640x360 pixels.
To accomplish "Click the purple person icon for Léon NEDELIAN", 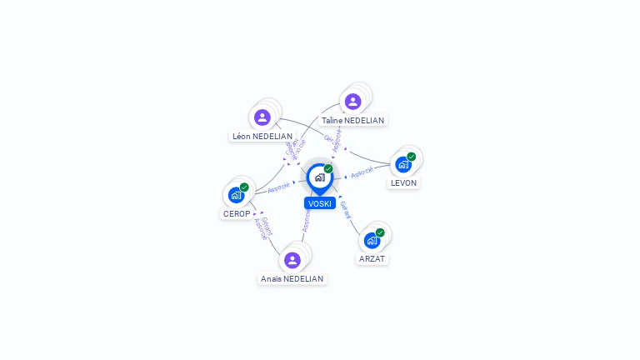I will (262, 117).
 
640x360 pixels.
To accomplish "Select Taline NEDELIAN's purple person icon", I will (352, 102).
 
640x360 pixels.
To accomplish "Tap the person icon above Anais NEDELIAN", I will (292, 260).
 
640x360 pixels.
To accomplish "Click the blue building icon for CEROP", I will (236, 195).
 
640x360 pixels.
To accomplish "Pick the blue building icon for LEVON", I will (403, 164).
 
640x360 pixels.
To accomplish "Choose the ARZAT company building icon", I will (372, 240).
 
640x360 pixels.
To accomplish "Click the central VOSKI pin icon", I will (319, 177).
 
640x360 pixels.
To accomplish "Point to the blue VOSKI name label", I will (320, 203).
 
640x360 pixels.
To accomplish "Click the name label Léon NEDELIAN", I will (262, 136).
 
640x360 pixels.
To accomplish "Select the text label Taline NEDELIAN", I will (352, 120).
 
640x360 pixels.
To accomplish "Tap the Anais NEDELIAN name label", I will (292, 278).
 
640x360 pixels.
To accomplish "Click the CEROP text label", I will (237, 213).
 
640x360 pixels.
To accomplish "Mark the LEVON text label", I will (404, 182).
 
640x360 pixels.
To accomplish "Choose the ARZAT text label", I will (372, 258).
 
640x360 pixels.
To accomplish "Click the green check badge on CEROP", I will (244, 187).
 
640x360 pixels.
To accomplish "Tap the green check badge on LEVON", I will (412, 157).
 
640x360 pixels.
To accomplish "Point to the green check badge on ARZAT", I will (380, 232).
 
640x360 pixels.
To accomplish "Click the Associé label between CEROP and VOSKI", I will (279, 187).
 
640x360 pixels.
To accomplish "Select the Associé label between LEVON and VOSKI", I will (362, 172).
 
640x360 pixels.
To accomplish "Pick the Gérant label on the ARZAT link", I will (347, 210).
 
